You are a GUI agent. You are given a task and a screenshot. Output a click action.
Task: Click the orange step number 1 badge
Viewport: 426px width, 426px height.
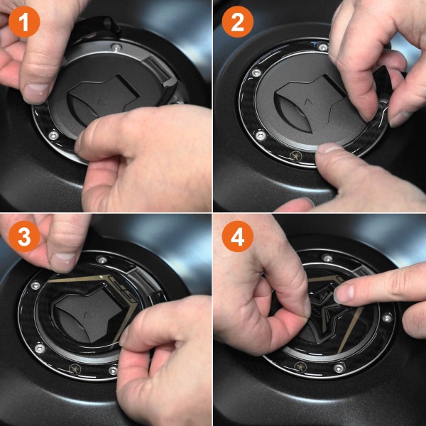[23, 23]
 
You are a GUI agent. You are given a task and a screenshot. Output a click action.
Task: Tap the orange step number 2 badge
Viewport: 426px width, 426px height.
[237, 23]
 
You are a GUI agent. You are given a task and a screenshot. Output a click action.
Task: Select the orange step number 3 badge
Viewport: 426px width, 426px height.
[23, 238]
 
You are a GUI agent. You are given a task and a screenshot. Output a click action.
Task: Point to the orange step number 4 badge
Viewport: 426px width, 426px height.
[237, 238]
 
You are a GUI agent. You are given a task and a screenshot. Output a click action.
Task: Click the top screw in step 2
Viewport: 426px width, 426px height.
[323, 47]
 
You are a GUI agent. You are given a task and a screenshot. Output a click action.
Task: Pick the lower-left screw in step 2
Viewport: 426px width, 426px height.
[261, 134]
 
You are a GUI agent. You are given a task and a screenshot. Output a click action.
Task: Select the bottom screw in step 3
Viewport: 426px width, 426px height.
[112, 370]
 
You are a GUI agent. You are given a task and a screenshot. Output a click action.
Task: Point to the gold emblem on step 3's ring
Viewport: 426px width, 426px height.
[72, 367]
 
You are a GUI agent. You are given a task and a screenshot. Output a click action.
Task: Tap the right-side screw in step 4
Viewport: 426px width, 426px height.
[387, 317]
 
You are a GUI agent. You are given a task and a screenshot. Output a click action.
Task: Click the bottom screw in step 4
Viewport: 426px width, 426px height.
[339, 368]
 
